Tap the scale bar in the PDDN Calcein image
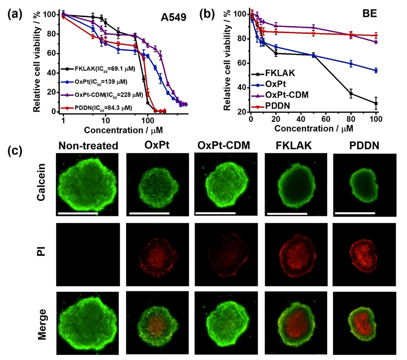[355, 213]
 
